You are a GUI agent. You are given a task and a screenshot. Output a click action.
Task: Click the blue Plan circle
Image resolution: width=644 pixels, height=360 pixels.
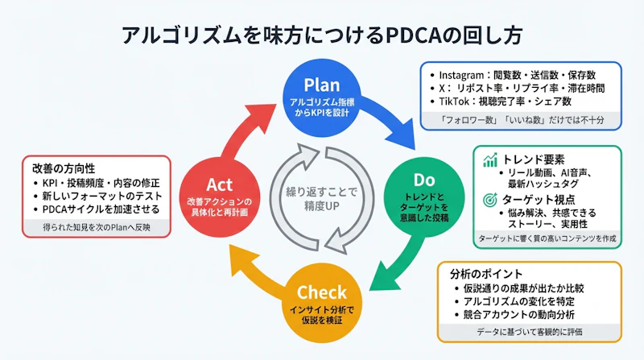321,96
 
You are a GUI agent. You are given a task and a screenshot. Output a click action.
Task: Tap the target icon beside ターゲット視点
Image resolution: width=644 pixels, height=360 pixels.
489,198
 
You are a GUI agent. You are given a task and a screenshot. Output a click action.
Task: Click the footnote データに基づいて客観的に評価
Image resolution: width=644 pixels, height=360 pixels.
529,331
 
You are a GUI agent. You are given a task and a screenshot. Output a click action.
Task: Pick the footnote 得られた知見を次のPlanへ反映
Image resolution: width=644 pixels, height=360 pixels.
97,228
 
